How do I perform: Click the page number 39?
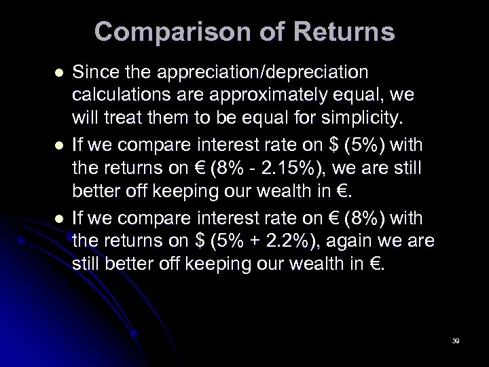(x=456, y=340)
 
